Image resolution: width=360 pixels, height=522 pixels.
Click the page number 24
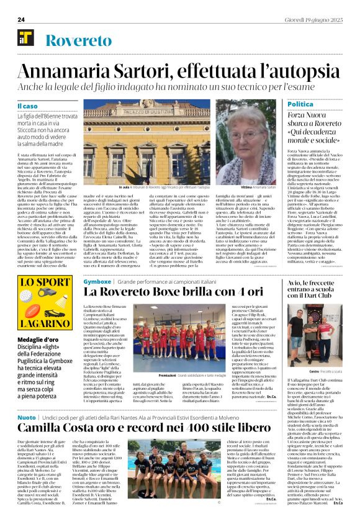[21, 19]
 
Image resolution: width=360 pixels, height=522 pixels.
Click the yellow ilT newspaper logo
[25, 38]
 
